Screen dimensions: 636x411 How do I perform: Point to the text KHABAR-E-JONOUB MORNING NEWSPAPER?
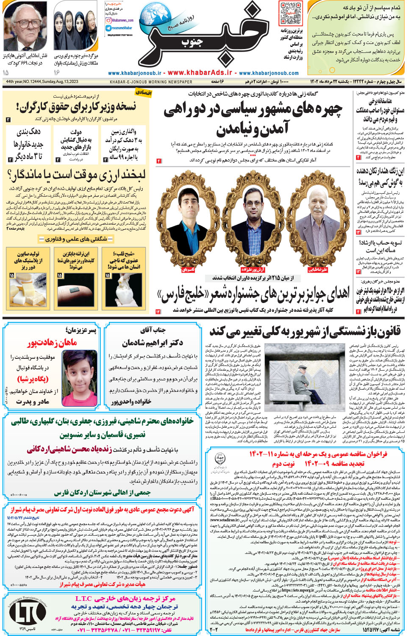tap(151, 82)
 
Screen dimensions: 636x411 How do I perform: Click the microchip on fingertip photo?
tap(75, 290)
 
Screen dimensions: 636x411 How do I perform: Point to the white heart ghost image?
tap(124, 290)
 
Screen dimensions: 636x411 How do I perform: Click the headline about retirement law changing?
tap(305, 331)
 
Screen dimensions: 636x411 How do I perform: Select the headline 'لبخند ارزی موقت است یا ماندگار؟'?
tap(76, 175)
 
